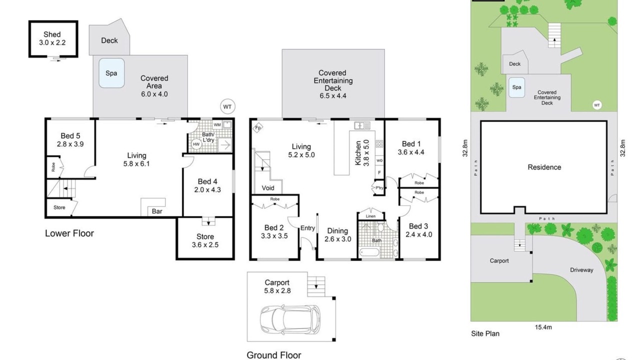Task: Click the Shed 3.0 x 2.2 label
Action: [x=52, y=38]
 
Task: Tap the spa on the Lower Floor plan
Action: [x=111, y=73]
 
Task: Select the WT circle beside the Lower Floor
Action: [x=227, y=107]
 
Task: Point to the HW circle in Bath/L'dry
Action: [x=196, y=144]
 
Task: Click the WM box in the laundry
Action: [x=217, y=125]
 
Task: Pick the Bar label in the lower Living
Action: [x=157, y=211]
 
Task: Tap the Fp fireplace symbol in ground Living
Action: [x=257, y=127]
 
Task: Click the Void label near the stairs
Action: [x=268, y=188]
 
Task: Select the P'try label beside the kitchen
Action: [x=379, y=187]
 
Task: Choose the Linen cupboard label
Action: [x=370, y=216]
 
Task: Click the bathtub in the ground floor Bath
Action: [x=369, y=252]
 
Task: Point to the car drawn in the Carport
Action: [x=290, y=319]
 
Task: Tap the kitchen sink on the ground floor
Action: [x=362, y=125]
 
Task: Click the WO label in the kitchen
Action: [x=379, y=160]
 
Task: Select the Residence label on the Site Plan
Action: [x=544, y=167]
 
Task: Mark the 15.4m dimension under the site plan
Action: [x=543, y=327]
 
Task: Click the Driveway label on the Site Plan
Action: [x=581, y=270]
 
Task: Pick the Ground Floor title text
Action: [x=273, y=355]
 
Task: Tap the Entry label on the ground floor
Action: [x=307, y=228]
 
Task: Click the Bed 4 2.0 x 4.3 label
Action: [x=207, y=185]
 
